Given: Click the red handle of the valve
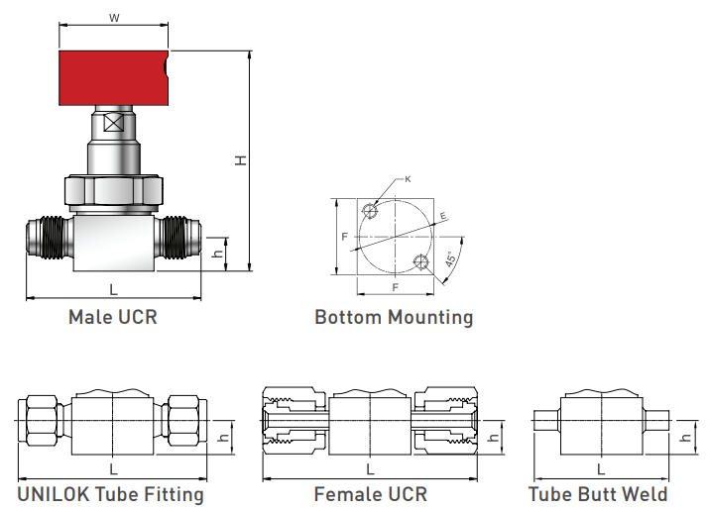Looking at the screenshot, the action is click(114, 78).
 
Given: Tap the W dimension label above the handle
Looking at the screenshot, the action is click(114, 18).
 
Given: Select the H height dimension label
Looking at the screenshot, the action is click(241, 160).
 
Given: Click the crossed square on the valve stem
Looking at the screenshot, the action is click(114, 123).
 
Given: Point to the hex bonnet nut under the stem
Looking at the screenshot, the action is click(114, 190).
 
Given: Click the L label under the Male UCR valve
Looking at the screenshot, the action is click(114, 289).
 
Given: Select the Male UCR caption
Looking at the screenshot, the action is click(113, 317).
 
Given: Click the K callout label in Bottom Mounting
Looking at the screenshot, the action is click(408, 179).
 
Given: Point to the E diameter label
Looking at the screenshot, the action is click(443, 216).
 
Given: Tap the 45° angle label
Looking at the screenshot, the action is click(451, 259).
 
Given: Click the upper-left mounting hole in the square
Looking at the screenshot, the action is click(370, 210).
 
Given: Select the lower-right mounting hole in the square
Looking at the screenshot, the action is click(421, 262).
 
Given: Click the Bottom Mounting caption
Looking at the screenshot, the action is click(394, 317).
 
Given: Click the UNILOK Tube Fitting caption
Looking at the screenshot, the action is click(111, 494).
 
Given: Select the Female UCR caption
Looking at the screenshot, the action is click(371, 494).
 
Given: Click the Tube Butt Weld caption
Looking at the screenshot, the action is click(598, 494).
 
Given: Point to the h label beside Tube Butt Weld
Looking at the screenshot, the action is click(686, 437).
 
